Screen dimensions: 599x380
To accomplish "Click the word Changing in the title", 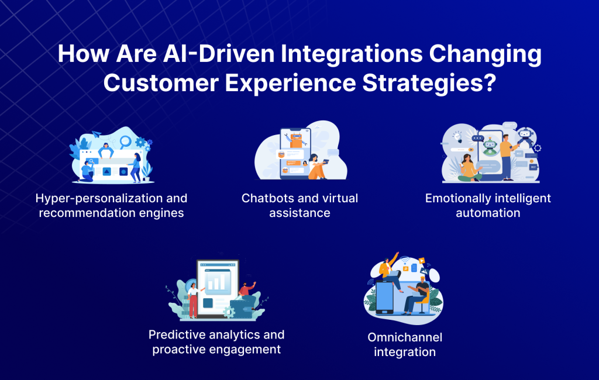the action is pos(485,54).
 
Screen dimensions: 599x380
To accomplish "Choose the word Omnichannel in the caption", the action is pos(405,337).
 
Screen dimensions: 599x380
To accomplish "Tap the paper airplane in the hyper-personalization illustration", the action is pos(97,134).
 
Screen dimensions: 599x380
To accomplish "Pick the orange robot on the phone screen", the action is pos(297,139).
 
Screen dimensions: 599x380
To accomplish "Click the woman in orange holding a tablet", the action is pos(318,167).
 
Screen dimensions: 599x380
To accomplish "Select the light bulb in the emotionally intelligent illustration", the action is pos(457,137).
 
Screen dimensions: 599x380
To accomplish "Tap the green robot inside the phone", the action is pos(490,147).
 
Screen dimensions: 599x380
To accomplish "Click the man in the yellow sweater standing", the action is pos(507,157).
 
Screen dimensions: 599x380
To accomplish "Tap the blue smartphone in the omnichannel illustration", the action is pos(385,297).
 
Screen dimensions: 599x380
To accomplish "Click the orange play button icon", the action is pos(422,261).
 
